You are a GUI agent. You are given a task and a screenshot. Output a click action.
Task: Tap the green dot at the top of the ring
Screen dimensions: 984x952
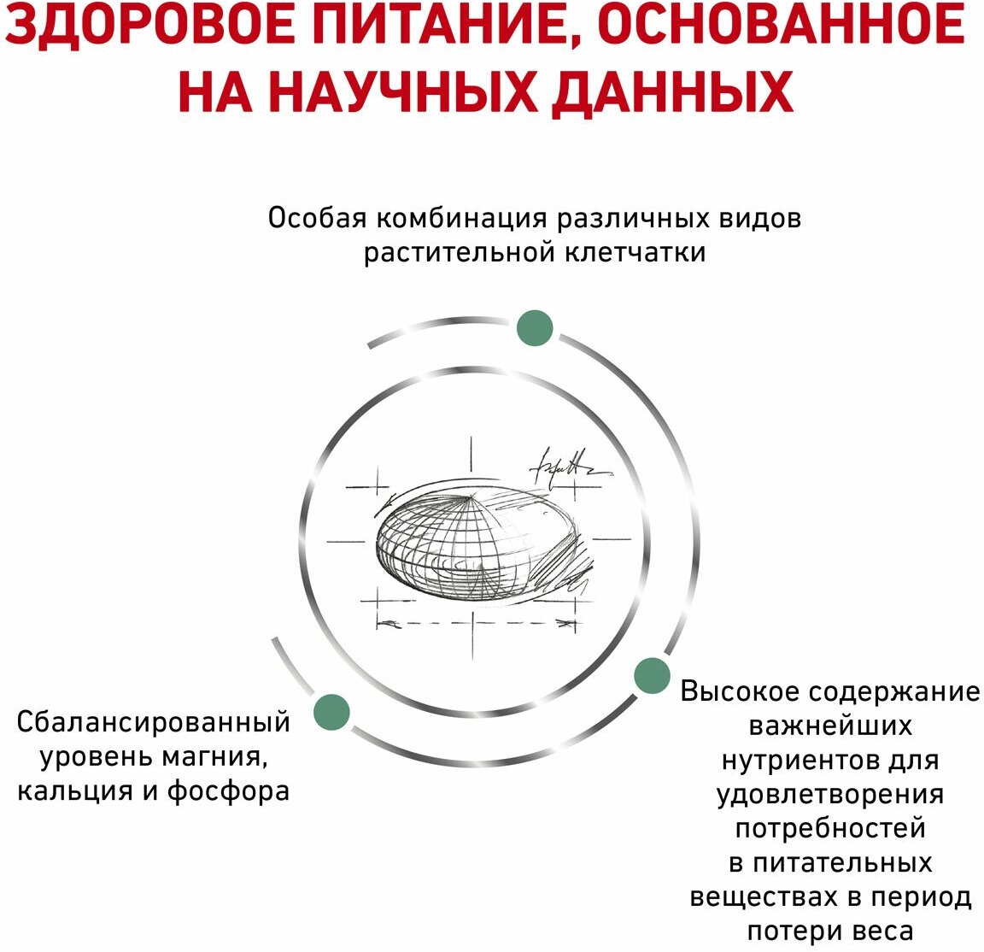click(536, 328)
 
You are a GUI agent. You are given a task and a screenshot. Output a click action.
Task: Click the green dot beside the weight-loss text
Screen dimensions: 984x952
click(652, 676)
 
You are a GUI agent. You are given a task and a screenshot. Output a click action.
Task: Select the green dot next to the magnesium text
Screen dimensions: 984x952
click(331, 712)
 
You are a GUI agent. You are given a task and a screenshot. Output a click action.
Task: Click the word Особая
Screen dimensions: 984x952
click(317, 219)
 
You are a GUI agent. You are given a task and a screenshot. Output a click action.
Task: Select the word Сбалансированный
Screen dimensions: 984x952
click(154, 723)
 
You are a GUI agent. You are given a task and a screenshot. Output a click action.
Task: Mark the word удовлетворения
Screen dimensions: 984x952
click(830, 794)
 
